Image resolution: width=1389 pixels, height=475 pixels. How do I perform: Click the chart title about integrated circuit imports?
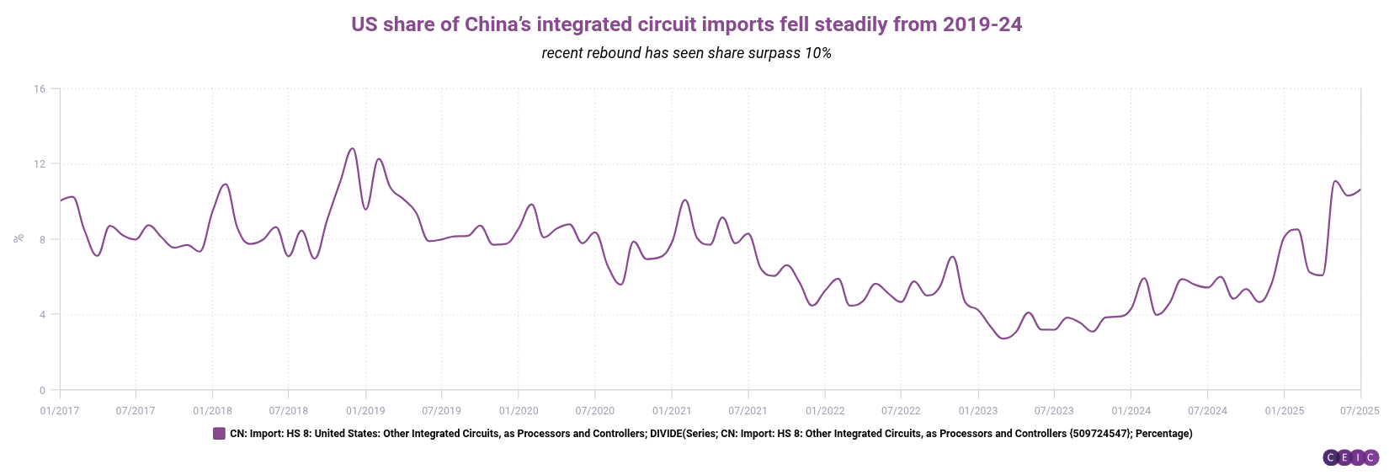point(686,24)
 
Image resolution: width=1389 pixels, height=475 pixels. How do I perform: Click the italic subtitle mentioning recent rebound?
point(686,53)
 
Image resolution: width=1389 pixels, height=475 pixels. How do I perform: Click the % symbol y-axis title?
point(19,239)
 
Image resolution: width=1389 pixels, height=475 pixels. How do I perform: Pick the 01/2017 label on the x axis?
point(60,411)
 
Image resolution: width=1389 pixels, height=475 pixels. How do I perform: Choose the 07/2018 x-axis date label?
point(289,411)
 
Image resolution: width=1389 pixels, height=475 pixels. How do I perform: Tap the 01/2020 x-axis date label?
point(519,411)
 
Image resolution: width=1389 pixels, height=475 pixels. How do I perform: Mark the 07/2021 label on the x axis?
point(748,411)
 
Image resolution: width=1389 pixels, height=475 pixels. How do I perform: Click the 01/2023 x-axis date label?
point(977,411)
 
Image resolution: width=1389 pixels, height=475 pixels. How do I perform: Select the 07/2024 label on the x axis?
point(1207,411)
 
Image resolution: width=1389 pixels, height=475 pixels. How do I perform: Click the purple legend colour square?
point(219,434)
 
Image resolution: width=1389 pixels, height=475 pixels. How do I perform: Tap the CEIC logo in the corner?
point(1350,457)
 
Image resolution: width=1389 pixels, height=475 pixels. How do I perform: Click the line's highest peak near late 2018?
point(352,149)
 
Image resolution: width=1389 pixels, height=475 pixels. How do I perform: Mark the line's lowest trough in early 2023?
point(1003,339)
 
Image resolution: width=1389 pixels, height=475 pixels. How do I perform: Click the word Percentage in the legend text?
point(1163,434)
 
